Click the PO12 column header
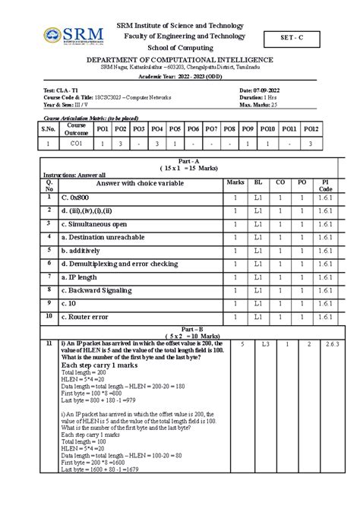[x=311, y=129]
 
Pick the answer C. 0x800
[x=81, y=198]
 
